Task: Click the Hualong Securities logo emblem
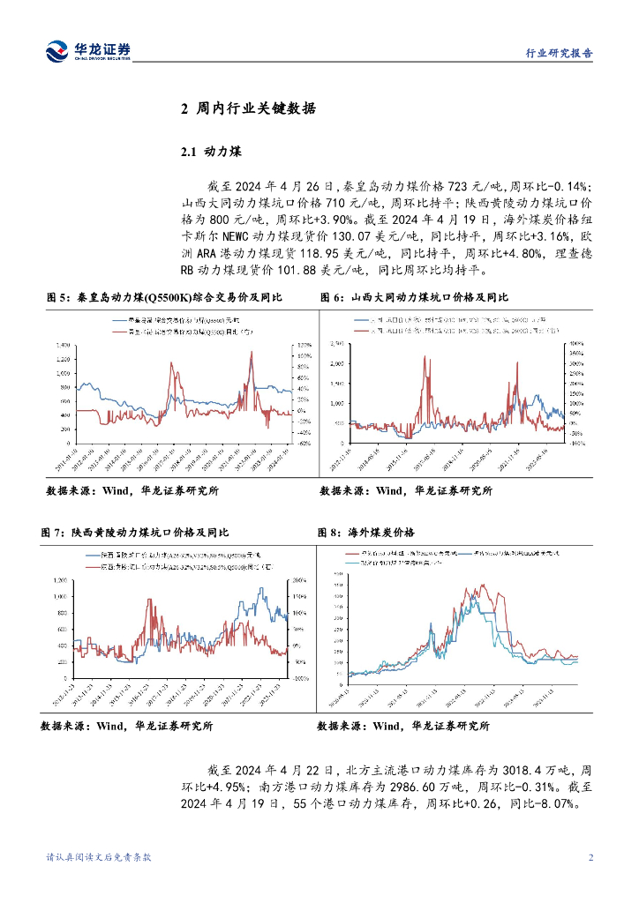click(x=57, y=51)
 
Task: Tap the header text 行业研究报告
click(x=553, y=53)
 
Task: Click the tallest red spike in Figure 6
click(x=425, y=357)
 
